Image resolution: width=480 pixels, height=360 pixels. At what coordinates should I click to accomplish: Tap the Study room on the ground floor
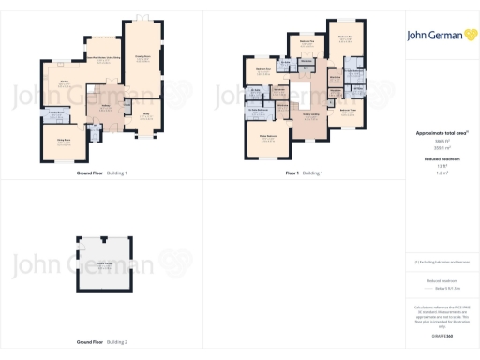click(x=145, y=116)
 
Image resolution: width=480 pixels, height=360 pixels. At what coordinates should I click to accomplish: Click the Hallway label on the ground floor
click(x=106, y=106)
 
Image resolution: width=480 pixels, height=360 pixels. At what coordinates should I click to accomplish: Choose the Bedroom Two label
click(x=344, y=37)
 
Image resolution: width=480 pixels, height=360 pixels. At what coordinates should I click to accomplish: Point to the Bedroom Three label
click(x=346, y=112)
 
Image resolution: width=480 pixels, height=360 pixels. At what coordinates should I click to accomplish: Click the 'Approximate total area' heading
click(x=439, y=133)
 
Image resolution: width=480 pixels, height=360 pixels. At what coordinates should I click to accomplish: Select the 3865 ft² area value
click(x=439, y=142)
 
